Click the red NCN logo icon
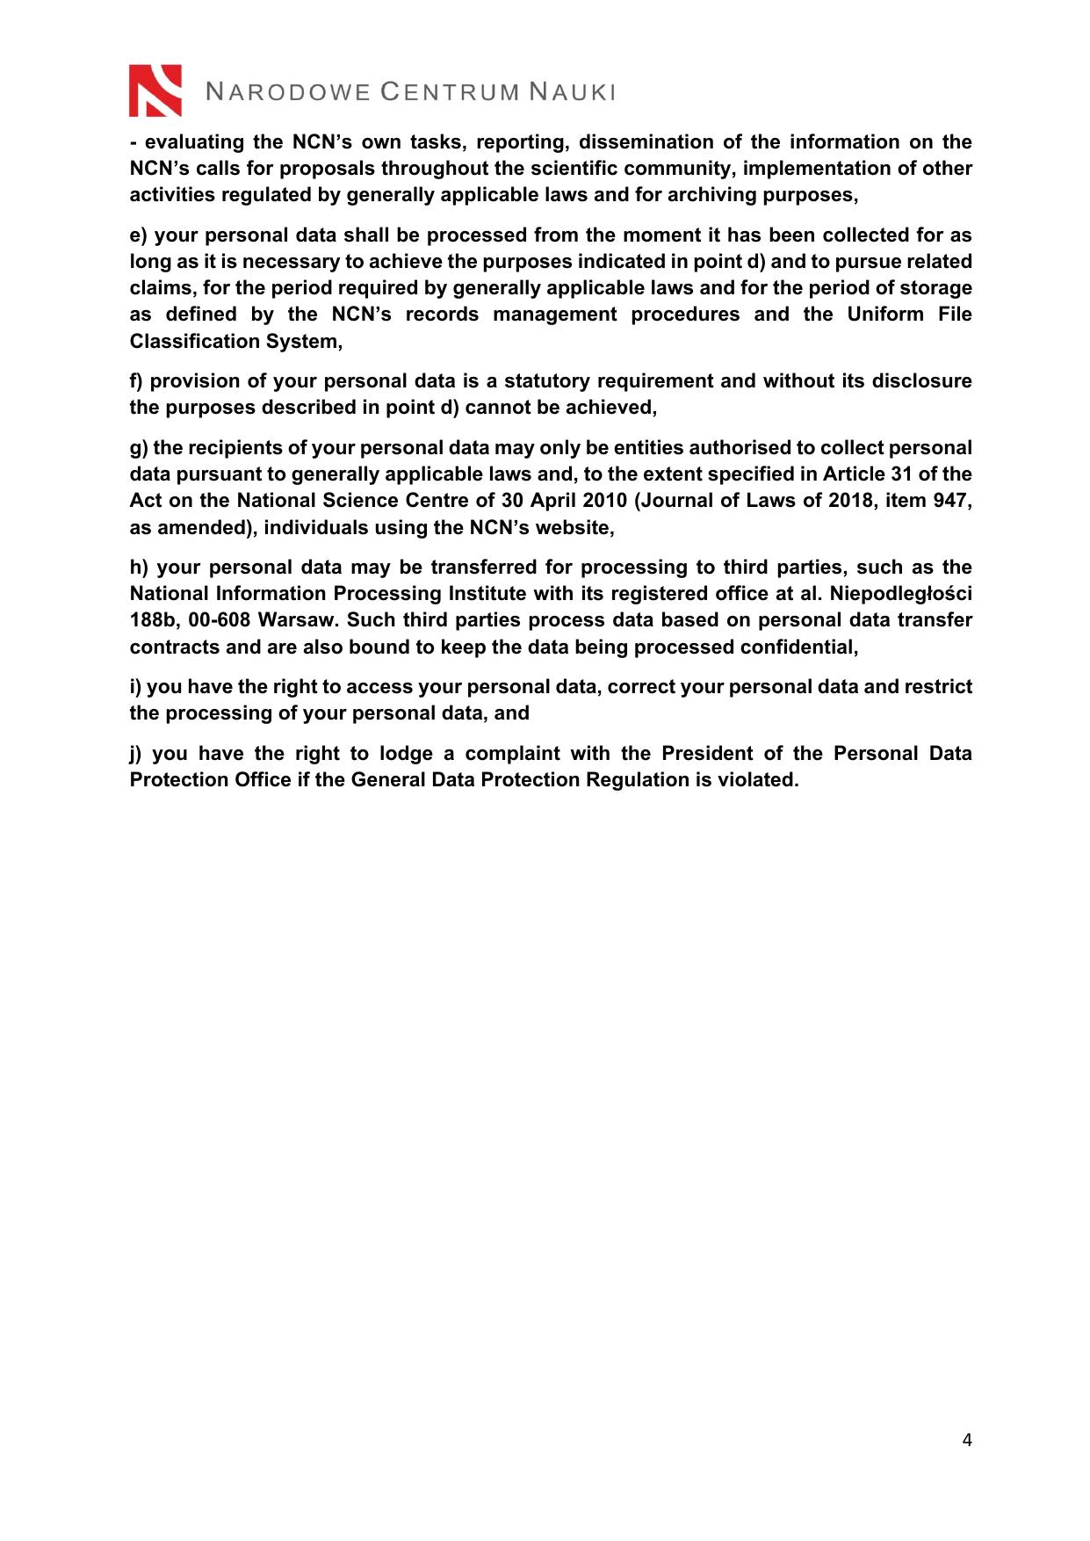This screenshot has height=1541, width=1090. click(x=155, y=90)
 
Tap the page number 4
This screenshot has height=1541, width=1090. click(x=967, y=1439)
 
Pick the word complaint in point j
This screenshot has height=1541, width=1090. click(x=512, y=754)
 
